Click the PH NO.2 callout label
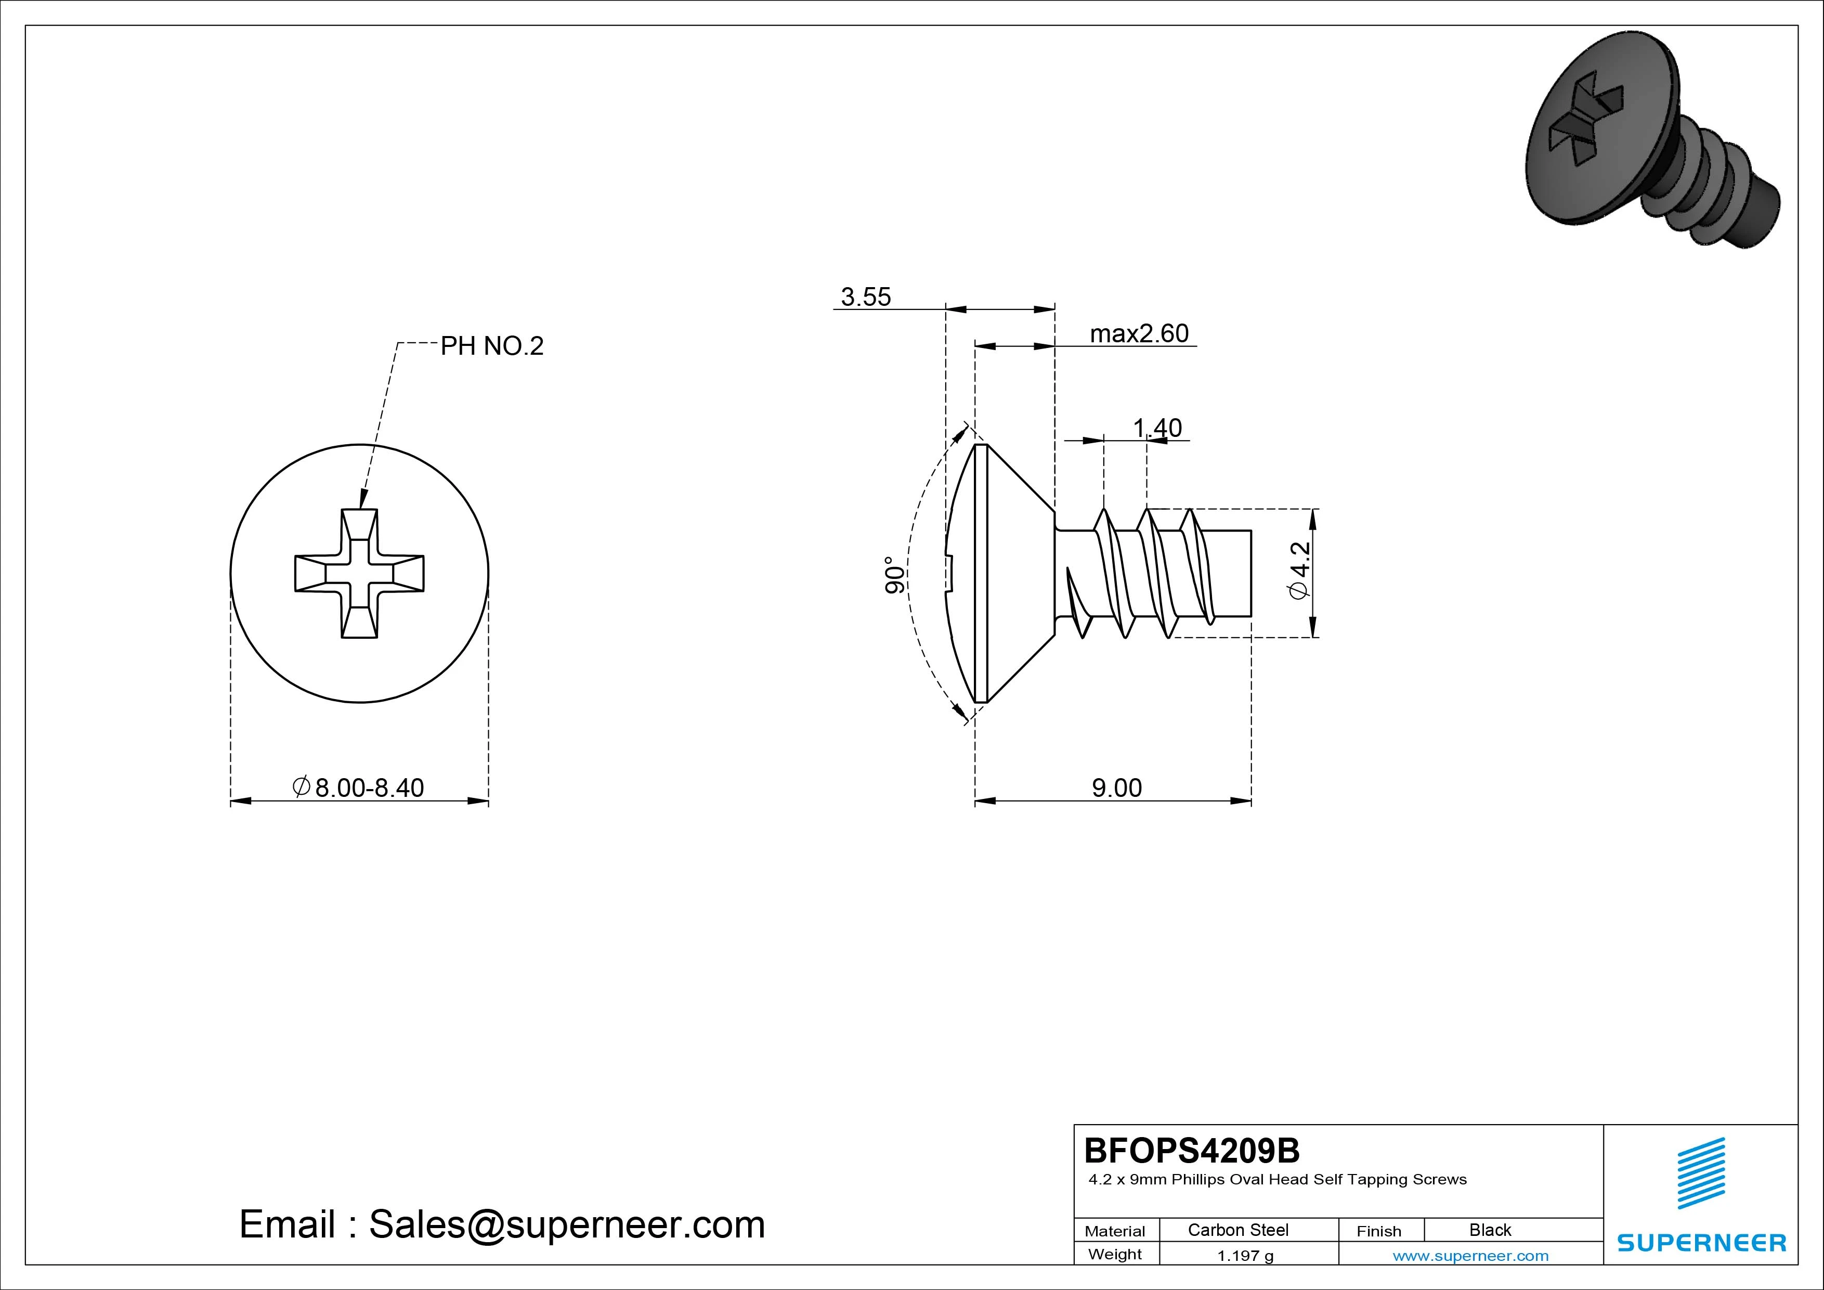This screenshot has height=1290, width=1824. coord(492,346)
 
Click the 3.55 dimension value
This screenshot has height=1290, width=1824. coord(866,297)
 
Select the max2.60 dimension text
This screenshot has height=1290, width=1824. coord(1139,334)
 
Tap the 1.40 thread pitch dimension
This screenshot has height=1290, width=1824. coord(1157,429)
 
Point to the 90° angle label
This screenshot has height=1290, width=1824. coord(894,575)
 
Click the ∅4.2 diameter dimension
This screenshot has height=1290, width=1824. coord(1300,571)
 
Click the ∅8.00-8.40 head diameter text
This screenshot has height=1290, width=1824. coord(359,788)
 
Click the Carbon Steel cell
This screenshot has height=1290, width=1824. coord(1237,1230)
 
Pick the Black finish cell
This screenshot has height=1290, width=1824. coord(1490,1230)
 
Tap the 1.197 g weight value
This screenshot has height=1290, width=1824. coord(1245,1256)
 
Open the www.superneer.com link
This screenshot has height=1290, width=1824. coord(1470,1256)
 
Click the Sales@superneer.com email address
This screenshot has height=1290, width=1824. coord(566,1225)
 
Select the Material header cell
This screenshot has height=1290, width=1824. coord(1115,1231)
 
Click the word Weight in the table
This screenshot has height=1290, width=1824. coord(1115,1254)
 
